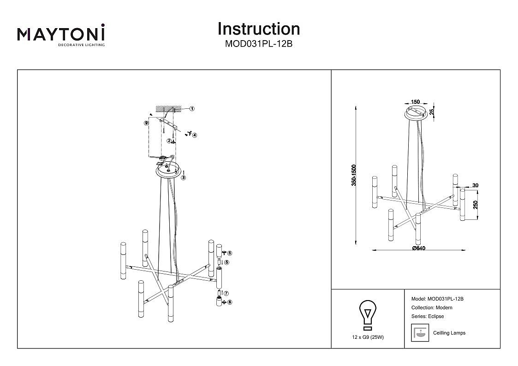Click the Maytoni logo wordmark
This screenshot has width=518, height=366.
click(61, 34)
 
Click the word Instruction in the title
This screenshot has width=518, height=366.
click(258, 29)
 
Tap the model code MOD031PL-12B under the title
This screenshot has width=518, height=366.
click(258, 44)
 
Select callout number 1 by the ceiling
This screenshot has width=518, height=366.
click(192, 109)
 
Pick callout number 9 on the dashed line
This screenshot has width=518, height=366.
click(146, 123)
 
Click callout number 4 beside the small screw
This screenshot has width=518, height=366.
click(195, 135)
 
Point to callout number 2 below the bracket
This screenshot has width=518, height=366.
click(169, 141)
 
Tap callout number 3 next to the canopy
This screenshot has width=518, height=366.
click(183, 177)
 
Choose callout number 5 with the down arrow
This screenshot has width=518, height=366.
click(226, 262)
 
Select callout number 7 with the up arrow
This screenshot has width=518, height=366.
click(226, 293)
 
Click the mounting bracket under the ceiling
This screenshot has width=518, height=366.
click(169, 122)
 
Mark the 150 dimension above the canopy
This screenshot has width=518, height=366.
click(415, 102)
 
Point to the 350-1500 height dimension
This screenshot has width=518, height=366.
click(354, 175)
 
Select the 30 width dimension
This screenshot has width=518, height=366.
click(475, 185)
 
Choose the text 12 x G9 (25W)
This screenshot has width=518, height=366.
click(368, 337)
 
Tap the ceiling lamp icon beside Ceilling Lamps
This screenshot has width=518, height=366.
click(418, 333)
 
